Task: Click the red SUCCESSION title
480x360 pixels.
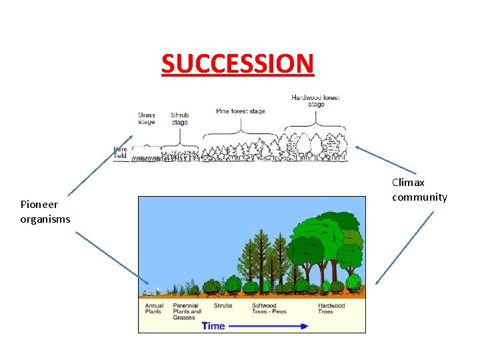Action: point(237,63)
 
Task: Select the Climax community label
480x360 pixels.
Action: point(419,189)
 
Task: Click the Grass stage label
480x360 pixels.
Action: point(146,119)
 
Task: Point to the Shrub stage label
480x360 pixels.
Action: point(179,119)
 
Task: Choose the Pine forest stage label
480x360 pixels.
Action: point(241,111)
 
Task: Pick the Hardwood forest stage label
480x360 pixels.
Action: point(315,101)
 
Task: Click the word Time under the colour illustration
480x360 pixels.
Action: point(213,326)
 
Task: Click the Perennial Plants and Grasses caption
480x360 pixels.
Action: point(187,311)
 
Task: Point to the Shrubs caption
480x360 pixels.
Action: point(223,306)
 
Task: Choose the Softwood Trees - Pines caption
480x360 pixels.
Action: point(269,309)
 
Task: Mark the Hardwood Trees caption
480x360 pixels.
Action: point(331,309)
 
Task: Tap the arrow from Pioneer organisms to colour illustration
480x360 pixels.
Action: point(113,256)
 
